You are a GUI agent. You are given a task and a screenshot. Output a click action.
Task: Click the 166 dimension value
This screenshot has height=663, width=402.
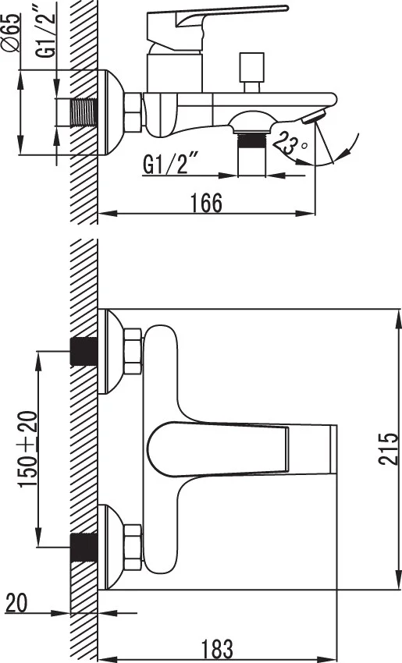[x=205, y=203]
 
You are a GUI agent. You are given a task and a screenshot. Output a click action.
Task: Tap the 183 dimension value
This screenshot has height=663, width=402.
[x=217, y=650]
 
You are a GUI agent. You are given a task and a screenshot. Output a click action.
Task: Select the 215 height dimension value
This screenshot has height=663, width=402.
[x=388, y=448]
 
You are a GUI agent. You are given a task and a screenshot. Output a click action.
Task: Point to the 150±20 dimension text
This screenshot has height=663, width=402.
[x=28, y=448]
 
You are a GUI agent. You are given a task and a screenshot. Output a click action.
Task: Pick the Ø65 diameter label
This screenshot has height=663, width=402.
[x=12, y=33]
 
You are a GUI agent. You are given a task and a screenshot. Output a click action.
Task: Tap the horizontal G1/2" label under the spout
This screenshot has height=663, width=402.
[x=171, y=164]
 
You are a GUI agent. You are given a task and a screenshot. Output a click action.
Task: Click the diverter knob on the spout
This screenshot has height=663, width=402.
[x=252, y=72]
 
